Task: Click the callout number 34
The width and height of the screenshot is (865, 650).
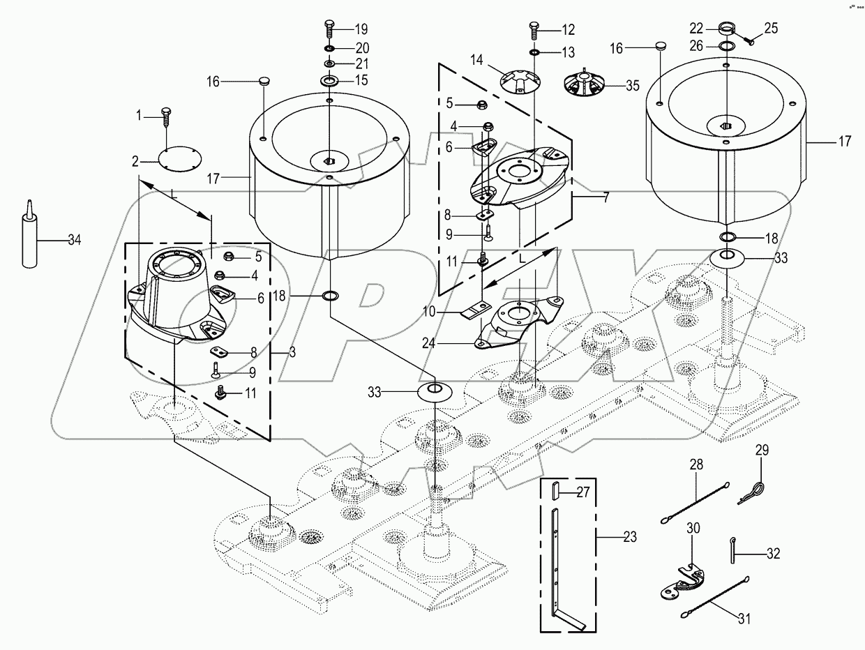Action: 75,241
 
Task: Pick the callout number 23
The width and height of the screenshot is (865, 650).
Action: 630,538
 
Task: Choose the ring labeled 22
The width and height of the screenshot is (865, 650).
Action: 727,29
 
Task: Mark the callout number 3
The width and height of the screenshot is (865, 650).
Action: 292,354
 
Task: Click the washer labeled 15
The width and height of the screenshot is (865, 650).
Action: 329,82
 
